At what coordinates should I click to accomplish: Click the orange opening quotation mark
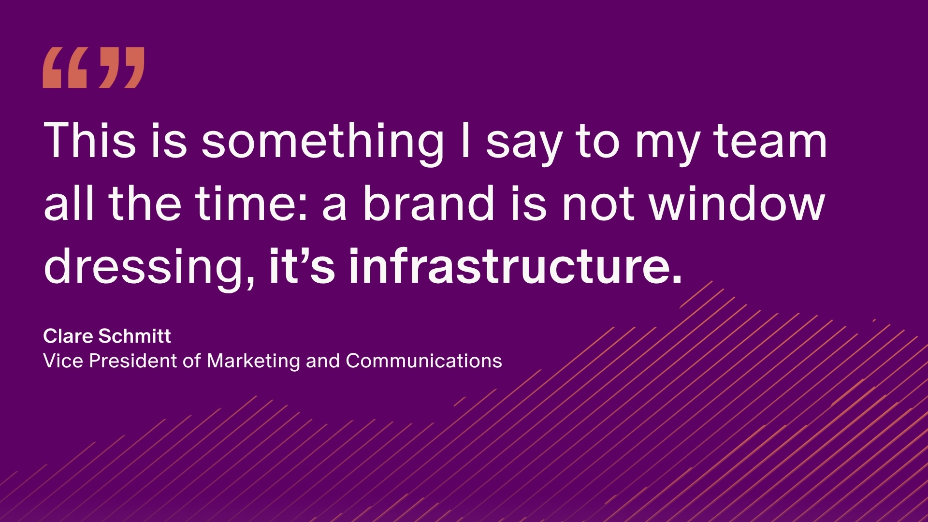click(x=65, y=68)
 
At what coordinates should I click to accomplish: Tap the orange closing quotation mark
click(x=121, y=68)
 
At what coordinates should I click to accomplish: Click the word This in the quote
click(x=90, y=141)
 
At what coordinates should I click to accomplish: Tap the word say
click(x=524, y=145)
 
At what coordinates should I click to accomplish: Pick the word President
click(x=133, y=361)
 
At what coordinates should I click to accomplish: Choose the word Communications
click(x=424, y=361)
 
